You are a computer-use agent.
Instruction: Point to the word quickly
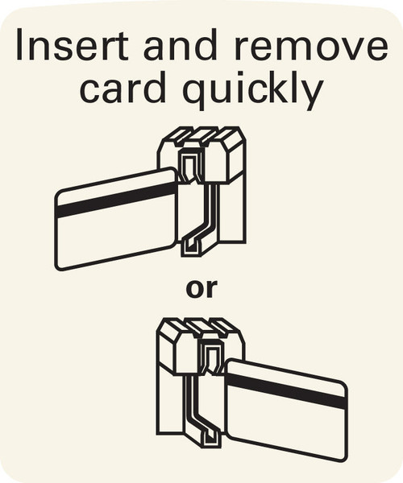click(x=253, y=90)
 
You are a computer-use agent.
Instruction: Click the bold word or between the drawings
click(x=201, y=290)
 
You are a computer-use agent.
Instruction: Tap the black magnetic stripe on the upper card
click(x=117, y=200)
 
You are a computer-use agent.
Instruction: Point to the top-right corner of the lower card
click(x=345, y=385)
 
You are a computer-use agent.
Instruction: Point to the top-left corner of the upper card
click(x=57, y=196)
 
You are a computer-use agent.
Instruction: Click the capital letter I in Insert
click(x=19, y=45)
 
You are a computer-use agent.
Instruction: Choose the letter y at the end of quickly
click(x=312, y=95)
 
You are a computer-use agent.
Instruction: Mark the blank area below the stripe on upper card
click(x=115, y=237)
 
